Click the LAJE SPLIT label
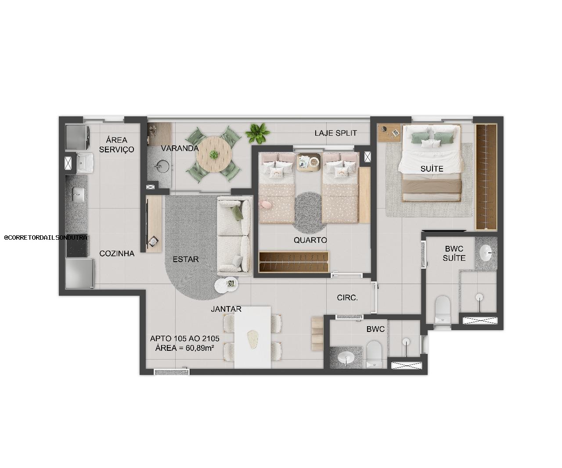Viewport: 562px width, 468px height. (x=336, y=133)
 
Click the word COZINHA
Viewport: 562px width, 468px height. (x=117, y=253)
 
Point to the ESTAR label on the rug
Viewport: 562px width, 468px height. (x=185, y=259)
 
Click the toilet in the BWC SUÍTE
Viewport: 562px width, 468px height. (x=442, y=310)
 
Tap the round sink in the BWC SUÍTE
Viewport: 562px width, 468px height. (x=486, y=253)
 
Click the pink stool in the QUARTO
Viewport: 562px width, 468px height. (x=266, y=204)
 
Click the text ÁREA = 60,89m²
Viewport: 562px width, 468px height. (x=184, y=348)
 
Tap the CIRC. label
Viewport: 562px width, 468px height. (x=347, y=298)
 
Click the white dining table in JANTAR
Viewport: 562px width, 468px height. (x=252, y=337)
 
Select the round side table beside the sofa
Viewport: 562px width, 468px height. (x=227, y=284)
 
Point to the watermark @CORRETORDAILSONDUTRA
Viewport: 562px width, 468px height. (x=46, y=237)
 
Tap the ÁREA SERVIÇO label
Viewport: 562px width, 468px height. (x=116, y=144)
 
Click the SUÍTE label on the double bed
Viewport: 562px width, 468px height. (x=432, y=169)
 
